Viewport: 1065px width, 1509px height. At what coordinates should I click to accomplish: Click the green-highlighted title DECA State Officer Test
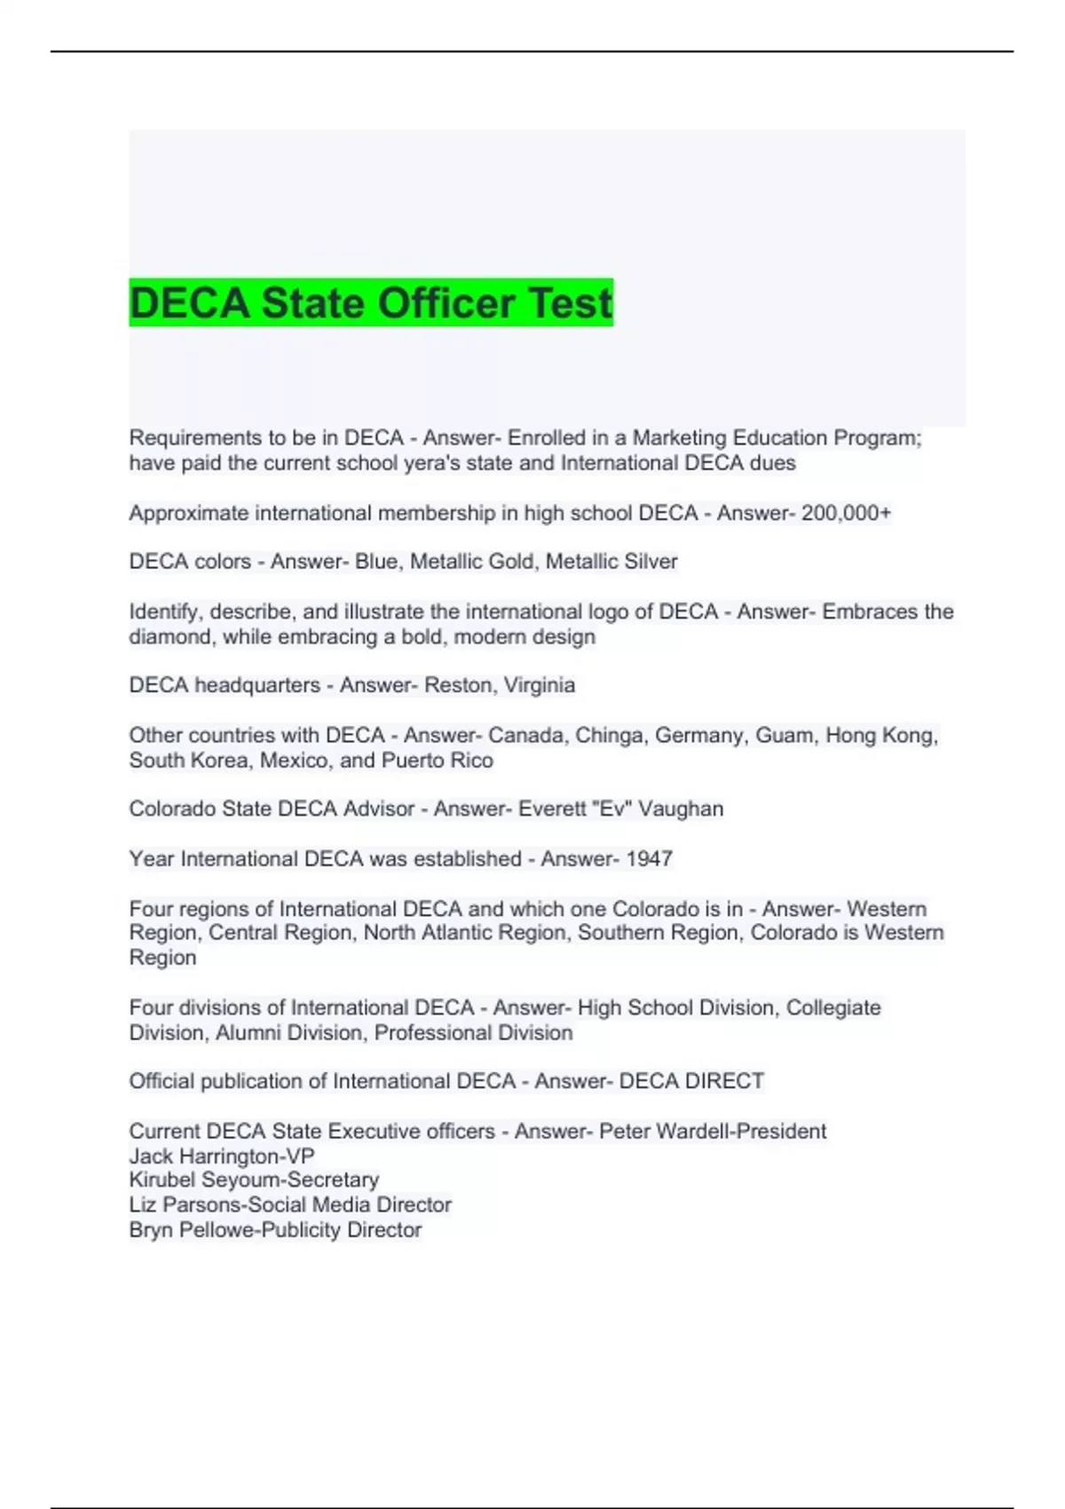[x=371, y=303]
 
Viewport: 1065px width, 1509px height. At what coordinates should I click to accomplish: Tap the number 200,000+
[x=846, y=513]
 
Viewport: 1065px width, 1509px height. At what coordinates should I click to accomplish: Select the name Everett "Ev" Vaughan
[x=620, y=809]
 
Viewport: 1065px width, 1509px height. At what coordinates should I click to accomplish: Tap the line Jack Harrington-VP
[x=222, y=1156]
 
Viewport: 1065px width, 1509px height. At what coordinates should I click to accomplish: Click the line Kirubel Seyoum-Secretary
[x=254, y=1180]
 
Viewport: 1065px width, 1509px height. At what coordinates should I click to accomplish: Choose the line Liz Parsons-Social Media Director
[x=290, y=1205]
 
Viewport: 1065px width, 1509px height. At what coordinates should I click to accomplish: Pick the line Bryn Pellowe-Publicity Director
[x=275, y=1229]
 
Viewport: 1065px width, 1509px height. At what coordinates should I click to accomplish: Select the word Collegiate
[x=833, y=1007]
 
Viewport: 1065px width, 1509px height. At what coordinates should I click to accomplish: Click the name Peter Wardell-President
[x=713, y=1131]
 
